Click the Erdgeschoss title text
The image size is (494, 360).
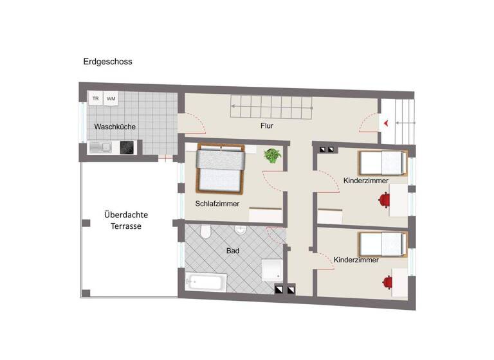pyautogui.click(x=107, y=62)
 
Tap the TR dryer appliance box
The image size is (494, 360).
pyautogui.click(x=96, y=98)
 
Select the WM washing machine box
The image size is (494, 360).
pyautogui.click(x=111, y=98)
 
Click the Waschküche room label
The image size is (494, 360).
pyautogui.click(x=114, y=127)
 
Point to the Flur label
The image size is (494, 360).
pyautogui.click(x=267, y=125)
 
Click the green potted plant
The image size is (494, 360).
pyautogui.click(x=273, y=155)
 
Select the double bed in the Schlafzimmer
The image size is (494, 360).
pyautogui.click(x=221, y=170)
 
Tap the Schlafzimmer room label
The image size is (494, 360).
pyautogui.click(x=217, y=203)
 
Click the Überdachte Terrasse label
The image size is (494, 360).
pyautogui.click(x=123, y=221)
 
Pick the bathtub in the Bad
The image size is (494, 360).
pyautogui.click(x=206, y=281)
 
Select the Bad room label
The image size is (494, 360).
pyautogui.click(x=232, y=251)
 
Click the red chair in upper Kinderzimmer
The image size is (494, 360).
pyautogui.click(x=385, y=201)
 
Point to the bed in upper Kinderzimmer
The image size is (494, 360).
pyautogui.click(x=382, y=163)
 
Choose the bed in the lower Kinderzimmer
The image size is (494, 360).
pyautogui.click(x=382, y=244)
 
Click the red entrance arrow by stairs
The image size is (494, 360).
pyautogui.click(x=386, y=122)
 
